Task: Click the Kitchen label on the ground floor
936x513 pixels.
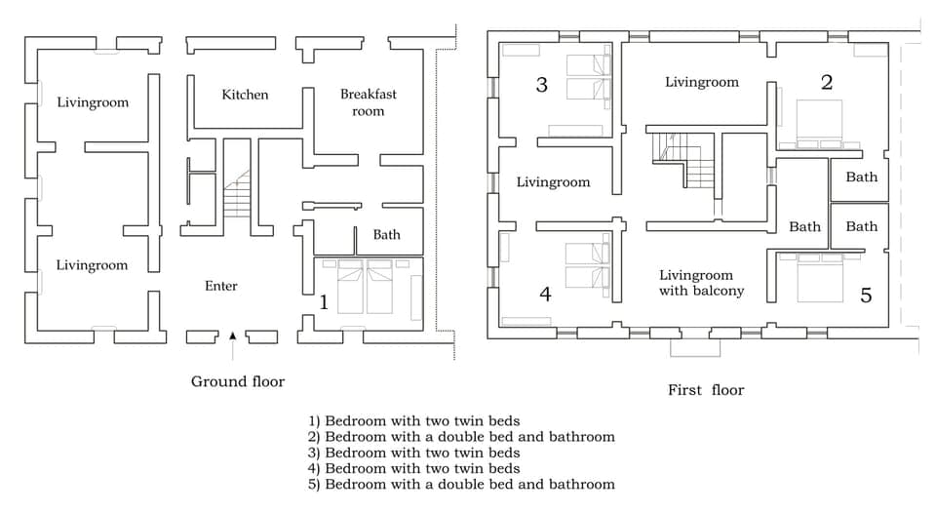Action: coord(245,95)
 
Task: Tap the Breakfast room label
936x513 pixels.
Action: coord(368,102)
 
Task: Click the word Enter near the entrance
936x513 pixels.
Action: coord(221,286)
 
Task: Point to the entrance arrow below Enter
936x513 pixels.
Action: coord(232,335)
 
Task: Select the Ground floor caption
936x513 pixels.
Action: coord(238,381)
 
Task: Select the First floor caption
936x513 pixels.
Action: coord(706,390)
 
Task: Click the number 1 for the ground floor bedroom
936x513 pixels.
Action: coord(324,302)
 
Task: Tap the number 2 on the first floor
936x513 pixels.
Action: coord(827,82)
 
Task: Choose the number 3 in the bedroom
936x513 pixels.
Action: coord(542,85)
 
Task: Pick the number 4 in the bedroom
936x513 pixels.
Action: coord(545,294)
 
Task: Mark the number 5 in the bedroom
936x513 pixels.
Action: coord(866,295)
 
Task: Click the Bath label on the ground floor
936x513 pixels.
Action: coord(386,235)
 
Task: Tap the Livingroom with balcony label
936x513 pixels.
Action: coord(701,283)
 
